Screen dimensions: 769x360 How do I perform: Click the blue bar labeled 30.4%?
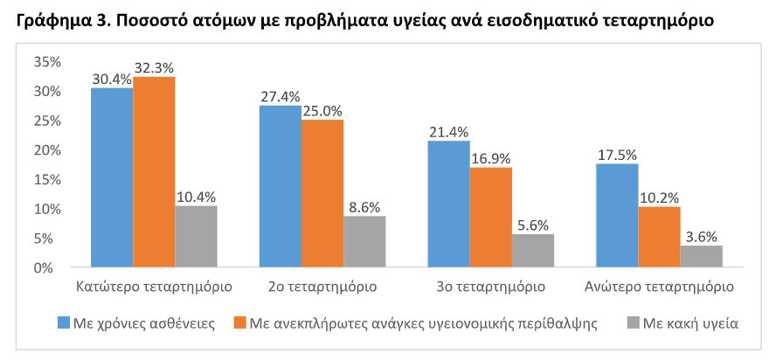pyautogui.click(x=112, y=177)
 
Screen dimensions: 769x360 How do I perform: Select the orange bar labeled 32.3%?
pyautogui.click(x=154, y=172)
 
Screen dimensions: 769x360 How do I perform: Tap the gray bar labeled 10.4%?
pyautogui.click(x=196, y=237)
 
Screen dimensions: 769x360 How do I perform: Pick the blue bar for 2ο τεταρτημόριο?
pyautogui.click(x=281, y=186)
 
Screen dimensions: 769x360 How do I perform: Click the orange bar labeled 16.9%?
pyautogui.click(x=491, y=218)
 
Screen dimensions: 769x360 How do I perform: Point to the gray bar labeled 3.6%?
pyautogui.click(x=702, y=257)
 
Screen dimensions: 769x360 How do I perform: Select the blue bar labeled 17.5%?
pyautogui.click(x=617, y=216)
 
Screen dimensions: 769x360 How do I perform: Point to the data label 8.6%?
pyautogui.click(x=364, y=207)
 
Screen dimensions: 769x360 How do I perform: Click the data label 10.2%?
pyautogui.click(x=660, y=198)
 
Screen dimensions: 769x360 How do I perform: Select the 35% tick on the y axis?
pyautogui.click(x=46, y=62)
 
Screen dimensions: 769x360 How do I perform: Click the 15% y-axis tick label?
pyautogui.click(x=46, y=180)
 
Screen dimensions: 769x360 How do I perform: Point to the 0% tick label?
pyautogui.click(x=51, y=268)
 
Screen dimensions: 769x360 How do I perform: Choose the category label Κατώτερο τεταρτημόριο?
pyautogui.click(x=154, y=287)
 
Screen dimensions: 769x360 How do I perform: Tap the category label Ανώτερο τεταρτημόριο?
pyautogui.click(x=659, y=287)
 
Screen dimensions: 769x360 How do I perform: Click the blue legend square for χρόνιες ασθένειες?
pyautogui.click(x=64, y=323)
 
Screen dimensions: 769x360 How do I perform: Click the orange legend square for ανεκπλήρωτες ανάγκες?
pyautogui.click(x=239, y=323)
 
